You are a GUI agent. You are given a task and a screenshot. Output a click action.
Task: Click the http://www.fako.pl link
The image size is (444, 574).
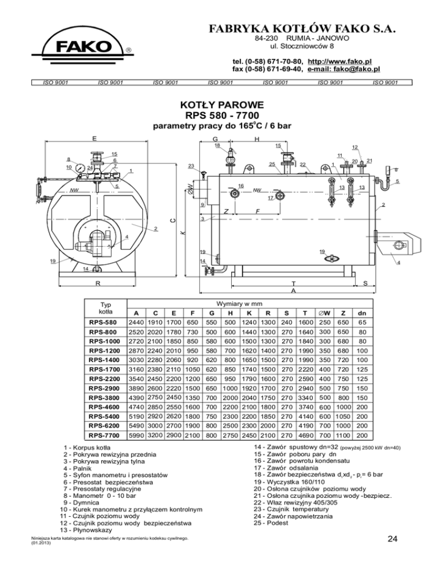[340, 61]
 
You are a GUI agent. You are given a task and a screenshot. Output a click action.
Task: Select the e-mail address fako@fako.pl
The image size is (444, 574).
[343, 69]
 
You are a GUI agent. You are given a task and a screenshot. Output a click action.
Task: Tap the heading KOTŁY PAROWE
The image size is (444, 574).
[222, 105]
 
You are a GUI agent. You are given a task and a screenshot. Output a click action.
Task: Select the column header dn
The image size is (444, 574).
[362, 314]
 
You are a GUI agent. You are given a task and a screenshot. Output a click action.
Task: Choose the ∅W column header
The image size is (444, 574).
[324, 314]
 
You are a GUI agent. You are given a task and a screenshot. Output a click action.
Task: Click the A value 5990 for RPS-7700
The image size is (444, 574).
[136, 435]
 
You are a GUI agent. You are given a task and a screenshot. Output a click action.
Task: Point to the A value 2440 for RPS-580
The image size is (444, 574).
[136, 322]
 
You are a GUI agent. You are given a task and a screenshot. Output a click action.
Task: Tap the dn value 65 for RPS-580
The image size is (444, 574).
[362, 322]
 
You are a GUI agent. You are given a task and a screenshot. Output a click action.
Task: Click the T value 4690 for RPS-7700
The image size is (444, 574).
[306, 435]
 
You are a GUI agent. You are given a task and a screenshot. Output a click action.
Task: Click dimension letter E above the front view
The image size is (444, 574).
[95, 139]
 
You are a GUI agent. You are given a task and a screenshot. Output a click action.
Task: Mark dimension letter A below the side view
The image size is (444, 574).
[293, 290]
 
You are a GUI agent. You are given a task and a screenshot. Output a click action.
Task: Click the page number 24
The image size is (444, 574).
[393, 539]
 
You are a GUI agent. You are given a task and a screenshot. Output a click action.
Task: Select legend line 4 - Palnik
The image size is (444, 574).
[77, 468]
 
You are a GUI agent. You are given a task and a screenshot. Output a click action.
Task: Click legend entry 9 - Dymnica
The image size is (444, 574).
[81, 502]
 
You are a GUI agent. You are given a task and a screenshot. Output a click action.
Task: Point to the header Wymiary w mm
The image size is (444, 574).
[239, 304]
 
